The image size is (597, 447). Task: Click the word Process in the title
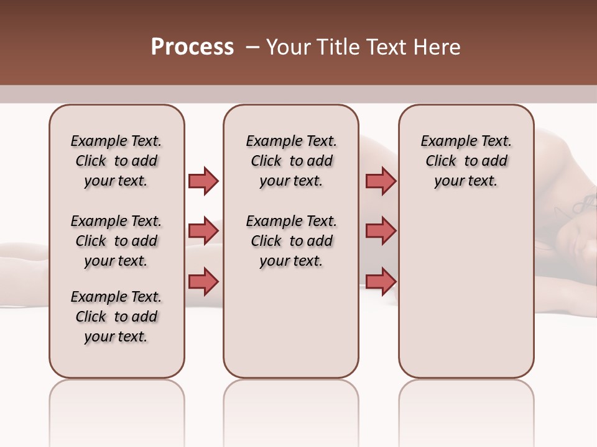pyautogui.click(x=192, y=47)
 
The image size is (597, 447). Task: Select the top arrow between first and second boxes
pyautogui.click(x=203, y=181)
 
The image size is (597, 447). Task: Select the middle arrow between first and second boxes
pyautogui.click(x=203, y=231)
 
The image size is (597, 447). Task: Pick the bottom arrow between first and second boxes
pyautogui.click(x=203, y=281)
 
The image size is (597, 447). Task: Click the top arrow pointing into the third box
pyautogui.click(x=381, y=181)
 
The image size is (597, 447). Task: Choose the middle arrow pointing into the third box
pyautogui.click(x=381, y=231)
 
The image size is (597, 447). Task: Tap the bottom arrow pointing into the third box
pyautogui.click(x=381, y=281)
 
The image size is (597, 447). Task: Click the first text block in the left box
pyautogui.click(x=116, y=161)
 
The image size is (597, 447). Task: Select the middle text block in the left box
pyautogui.click(x=116, y=241)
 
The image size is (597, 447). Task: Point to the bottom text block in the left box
pyautogui.click(x=116, y=317)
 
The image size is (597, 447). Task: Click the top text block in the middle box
pyautogui.click(x=291, y=161)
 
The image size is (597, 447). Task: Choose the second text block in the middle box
pyautogui.click(x=291, y=241)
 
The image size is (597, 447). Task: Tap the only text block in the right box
pyautogui.click(x=466, y=161)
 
